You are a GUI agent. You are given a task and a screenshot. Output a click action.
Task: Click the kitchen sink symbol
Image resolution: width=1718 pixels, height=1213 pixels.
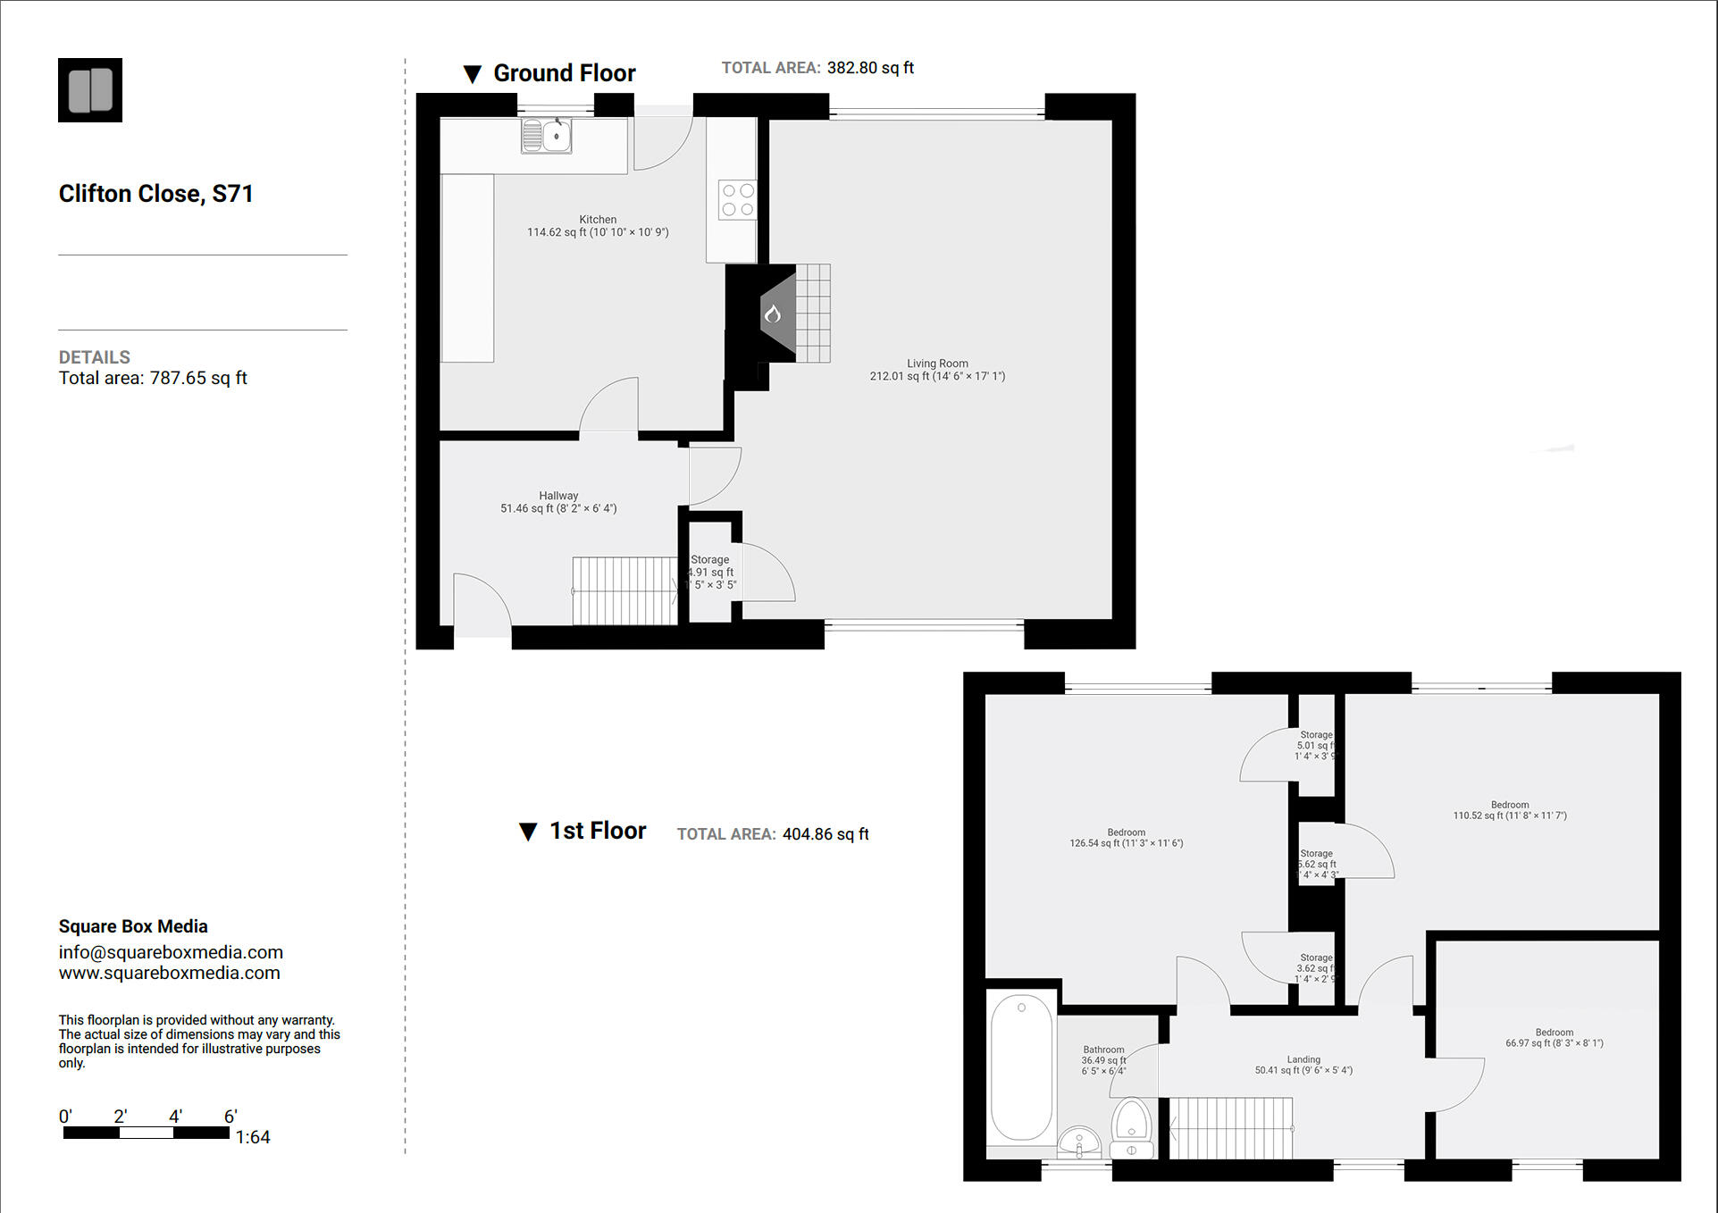(x=547, y=137)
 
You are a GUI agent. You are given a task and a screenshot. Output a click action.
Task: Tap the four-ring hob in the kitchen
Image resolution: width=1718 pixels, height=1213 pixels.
(x=738, y=199)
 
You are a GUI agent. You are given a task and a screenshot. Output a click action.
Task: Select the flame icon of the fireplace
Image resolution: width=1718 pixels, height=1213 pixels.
(x=773, y=314)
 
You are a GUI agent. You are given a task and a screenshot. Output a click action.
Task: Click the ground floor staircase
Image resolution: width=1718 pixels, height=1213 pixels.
(x=624, y=590)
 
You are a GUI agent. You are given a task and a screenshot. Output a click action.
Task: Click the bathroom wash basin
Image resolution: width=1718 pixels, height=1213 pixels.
(x=1079, y=1142)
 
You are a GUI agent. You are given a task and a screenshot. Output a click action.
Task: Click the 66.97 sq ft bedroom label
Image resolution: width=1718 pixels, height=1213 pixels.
(x=1554, y=1038)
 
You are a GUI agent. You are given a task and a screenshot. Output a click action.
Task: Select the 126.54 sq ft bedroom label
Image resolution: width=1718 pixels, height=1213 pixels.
(x=1126, y=838)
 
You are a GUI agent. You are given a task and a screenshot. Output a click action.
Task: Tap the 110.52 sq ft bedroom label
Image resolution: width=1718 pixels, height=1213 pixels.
(x=1509, y=810)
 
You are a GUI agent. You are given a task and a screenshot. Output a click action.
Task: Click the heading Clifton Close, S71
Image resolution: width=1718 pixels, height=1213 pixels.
(x=156, y=194)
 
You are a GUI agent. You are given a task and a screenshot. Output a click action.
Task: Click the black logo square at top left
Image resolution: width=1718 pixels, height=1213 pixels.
(x=90, y=90)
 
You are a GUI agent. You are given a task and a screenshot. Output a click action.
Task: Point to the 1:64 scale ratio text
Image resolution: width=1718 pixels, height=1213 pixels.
(x=253, y=1137)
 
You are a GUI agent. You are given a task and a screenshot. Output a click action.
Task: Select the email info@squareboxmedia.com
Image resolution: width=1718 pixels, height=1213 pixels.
(x=171, y=952)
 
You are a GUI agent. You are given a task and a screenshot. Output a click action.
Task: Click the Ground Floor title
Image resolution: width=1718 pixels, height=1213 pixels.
(x=564, y=73)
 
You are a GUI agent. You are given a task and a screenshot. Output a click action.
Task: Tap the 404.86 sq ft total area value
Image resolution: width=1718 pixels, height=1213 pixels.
(x=825, y=834)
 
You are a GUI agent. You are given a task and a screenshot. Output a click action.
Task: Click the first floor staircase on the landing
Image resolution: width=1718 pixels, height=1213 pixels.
(x=1231, y=1128)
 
